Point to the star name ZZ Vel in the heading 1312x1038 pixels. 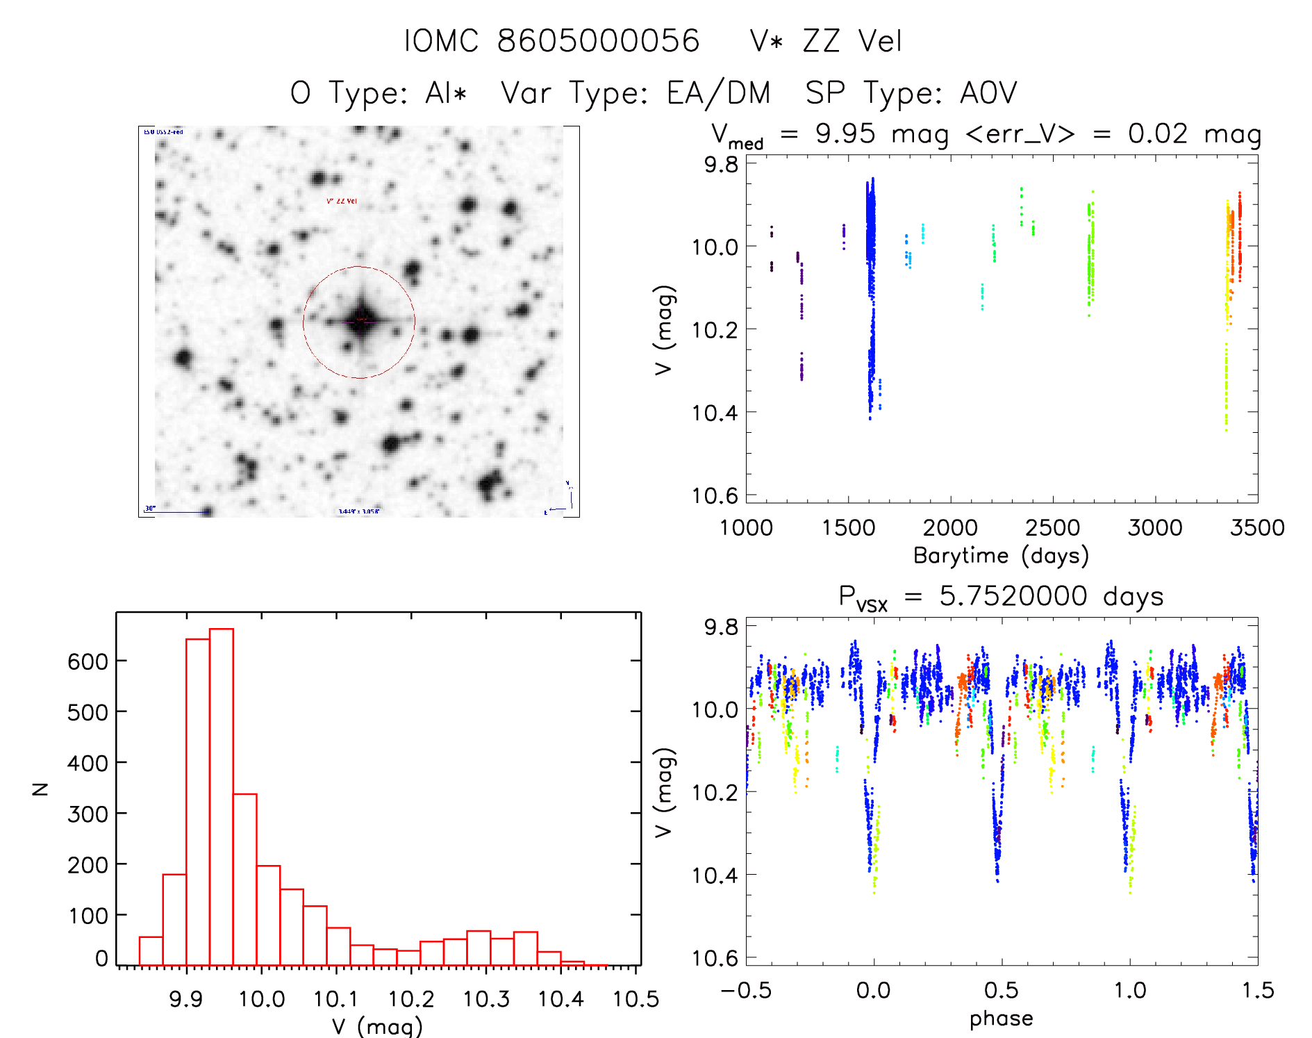click(x=852, y=41)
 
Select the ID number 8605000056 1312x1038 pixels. click(x=598, y=41)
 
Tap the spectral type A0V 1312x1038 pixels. click(x=988, y=92)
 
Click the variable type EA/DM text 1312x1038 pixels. click(x=718, y=92)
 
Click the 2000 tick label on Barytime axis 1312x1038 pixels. click(x=949, y=528)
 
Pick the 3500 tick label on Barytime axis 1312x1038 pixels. click(x=1256, y=528)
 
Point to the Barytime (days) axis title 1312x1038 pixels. click(x=1001, y=556)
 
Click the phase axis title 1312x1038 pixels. click(x=1001, y=1019)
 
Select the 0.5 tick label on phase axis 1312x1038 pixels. click(x=1001, y=991)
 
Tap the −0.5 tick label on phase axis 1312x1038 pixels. click(x=746, y=991)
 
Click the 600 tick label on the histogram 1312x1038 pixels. click(x=88, y=661)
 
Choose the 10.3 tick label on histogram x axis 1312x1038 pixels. click(x=486, y=999)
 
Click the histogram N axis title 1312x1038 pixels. click(x=40, y=789)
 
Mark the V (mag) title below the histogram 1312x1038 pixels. click(x=377, y=1025)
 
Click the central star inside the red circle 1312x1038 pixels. click(x=360, y=320)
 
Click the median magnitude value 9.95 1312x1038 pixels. click(x=845, y=133)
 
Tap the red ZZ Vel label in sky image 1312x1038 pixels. click(x=342, y=201)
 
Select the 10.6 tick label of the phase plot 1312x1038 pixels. click(x=715, y=958)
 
